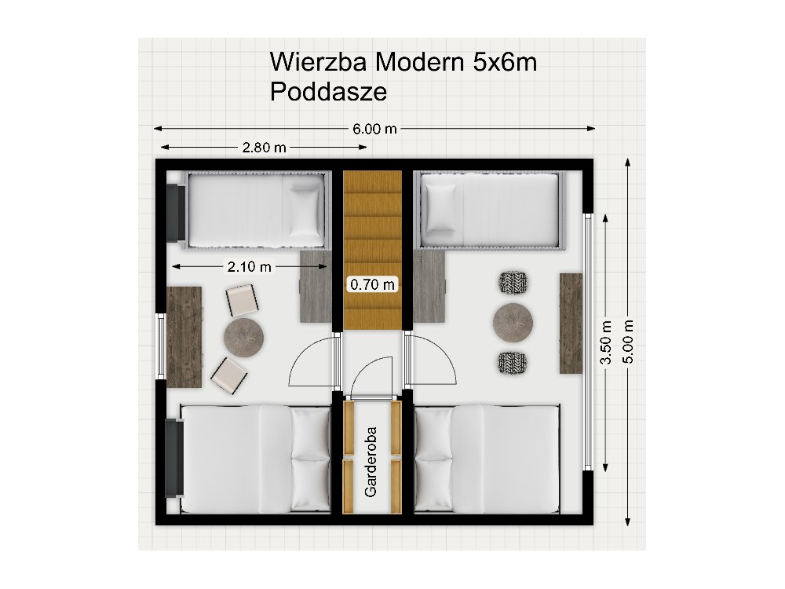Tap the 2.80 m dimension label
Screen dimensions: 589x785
(264, 148)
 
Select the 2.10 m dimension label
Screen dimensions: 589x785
(250, 267)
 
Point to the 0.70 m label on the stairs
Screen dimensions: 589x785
(373, 284)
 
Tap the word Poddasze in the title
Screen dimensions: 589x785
(328, 92)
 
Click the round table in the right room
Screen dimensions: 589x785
(514, 321)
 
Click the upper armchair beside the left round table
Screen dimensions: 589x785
(241, 299)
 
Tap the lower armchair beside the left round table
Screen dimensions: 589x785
(228, 375)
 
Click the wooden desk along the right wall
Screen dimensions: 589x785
(571, 323)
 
